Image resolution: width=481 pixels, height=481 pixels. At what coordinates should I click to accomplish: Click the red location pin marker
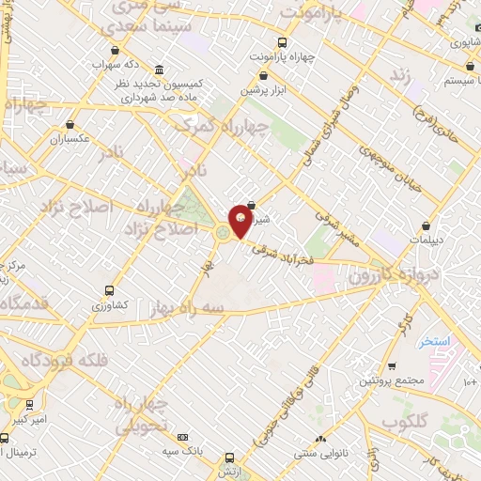[x=240, y=221]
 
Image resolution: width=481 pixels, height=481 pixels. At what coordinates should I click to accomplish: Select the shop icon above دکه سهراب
[x=115, y=51]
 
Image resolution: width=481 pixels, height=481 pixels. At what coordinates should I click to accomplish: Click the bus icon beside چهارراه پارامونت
[x=284, y=42]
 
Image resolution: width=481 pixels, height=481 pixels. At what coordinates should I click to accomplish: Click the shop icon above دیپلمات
[x=427, y=225]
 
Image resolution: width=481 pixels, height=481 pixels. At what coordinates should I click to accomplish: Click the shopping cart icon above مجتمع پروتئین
[x=392, y=365]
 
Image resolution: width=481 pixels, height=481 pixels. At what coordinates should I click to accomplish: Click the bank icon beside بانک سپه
[x=182, y=438]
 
